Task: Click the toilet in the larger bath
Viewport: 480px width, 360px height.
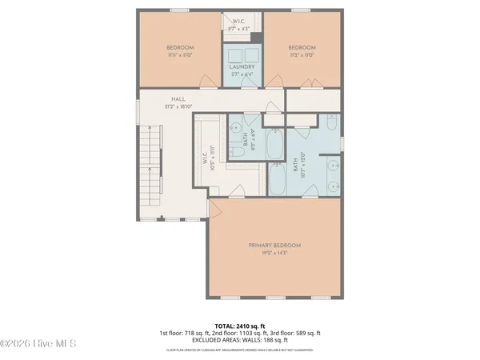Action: click(331, 123)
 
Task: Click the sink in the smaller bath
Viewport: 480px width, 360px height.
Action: click(237, 126)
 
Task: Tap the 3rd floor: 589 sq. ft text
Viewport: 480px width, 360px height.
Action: click(296, 333)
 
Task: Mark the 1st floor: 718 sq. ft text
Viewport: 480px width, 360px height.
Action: click(182, 333)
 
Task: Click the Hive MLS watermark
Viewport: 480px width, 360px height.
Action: click(38, 344)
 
